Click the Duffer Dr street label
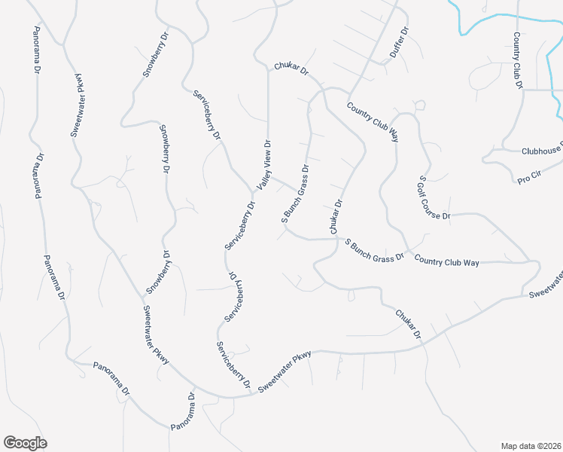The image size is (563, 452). click(x=398, y=44)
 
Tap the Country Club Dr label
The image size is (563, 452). click(x=517, y=60)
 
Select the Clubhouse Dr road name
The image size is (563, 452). click(x=542, y=151)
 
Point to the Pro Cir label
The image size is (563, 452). click(x=531, y=179)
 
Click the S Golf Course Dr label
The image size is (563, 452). click(x=434, y=198)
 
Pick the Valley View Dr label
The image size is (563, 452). click(x=265, y=164)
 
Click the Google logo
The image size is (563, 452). click(x=25, y=443)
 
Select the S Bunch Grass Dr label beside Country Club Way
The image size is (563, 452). click(x=374, y=249)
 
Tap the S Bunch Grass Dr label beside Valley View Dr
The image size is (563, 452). click(x=295, y=194)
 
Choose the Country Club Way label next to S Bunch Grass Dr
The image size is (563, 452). click(x=446, y=261)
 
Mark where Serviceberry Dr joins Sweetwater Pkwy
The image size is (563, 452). click(x=251, y=393)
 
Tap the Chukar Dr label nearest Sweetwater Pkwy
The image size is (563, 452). click(x=406, y=322)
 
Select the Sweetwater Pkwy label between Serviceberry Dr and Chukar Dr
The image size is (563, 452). click(x=285, y=372)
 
